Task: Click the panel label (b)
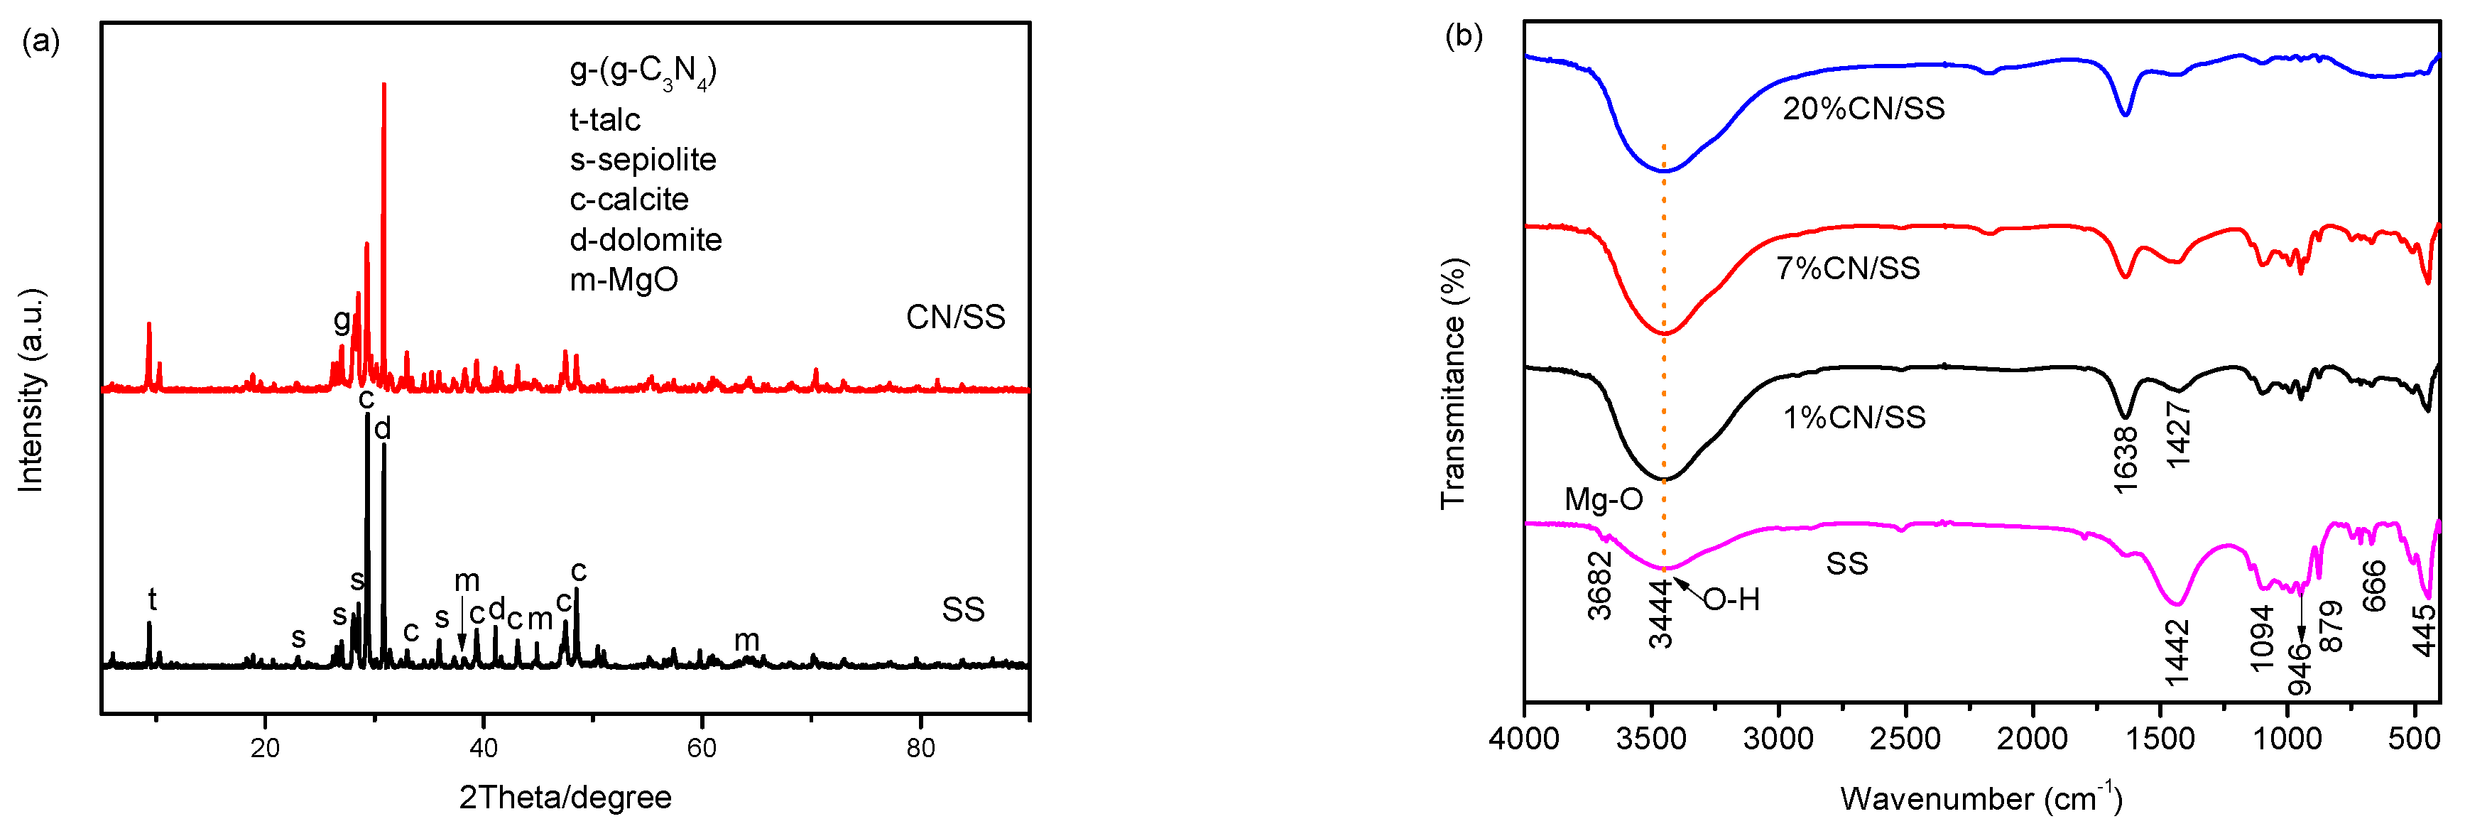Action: pos(1463,36)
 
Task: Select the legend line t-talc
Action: pos(605,119)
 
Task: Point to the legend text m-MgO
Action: pos(624,279)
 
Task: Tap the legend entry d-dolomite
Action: pos(645,239)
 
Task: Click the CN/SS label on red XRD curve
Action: pos(955,317)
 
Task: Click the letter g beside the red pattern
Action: pos(342,320)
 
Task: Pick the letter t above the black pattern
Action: pos(151,599)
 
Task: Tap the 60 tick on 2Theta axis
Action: pos(702,748)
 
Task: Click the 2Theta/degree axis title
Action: pos(565,797)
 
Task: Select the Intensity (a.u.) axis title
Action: pos(31,390)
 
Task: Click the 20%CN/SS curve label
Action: pos(1863,108)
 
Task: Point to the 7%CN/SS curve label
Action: pos(1848,268)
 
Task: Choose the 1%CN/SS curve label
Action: pos(1854,417)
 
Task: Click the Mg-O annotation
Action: pos(1603,499)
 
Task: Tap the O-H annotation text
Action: pos(1731,599)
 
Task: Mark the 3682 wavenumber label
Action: pos(1600,585)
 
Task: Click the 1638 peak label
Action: pos(2126,459)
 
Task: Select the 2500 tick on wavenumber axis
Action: pos(1905,739)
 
